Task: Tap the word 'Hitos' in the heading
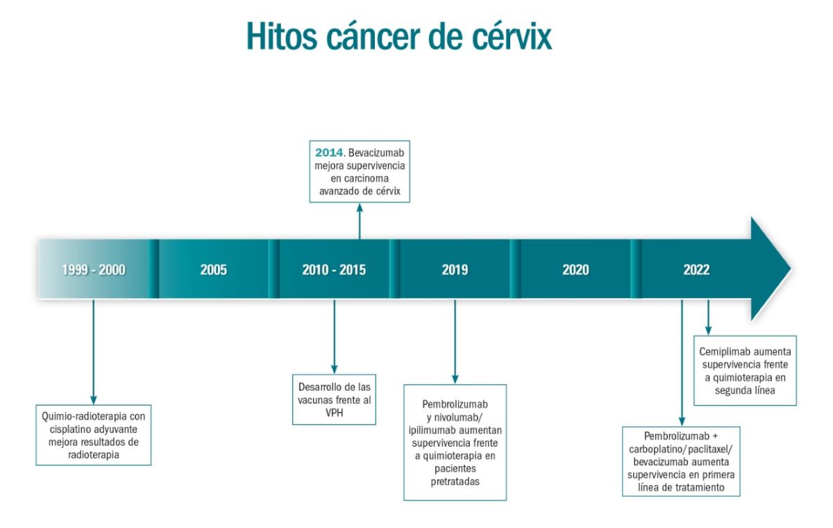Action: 282,36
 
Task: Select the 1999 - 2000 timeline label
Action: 94,270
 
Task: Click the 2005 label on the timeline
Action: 214,270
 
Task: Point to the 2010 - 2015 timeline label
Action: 334,270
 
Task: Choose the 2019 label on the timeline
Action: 455,270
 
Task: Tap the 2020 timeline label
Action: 575,270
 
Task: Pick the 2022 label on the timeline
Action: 696,270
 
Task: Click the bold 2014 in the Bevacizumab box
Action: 330,153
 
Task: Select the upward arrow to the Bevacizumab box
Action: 360,221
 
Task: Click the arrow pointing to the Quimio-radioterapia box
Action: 93,352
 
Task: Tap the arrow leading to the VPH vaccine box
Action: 335,337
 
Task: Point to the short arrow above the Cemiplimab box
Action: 708,317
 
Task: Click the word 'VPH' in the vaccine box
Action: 335,413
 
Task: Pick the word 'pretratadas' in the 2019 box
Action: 455,481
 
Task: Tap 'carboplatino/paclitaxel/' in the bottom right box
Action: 680,449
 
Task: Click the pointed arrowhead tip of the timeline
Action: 791,269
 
